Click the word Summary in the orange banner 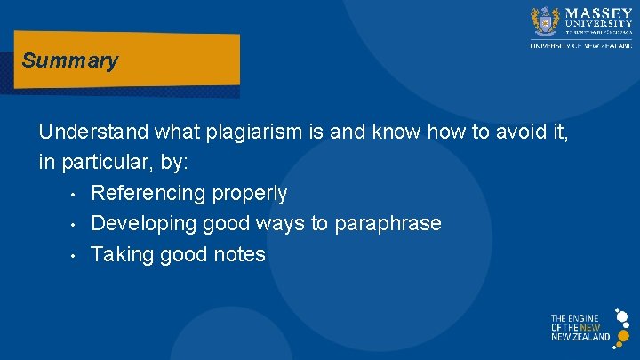pyautogui.click(x=69, y=61)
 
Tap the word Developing pyautogui.click(x=142, y=223)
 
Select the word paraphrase pyautogui.click(x=388, y=223)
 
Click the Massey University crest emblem pyautogui.click(x=544, y=20)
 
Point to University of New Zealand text pyautogui.click(x=581, y=44)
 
